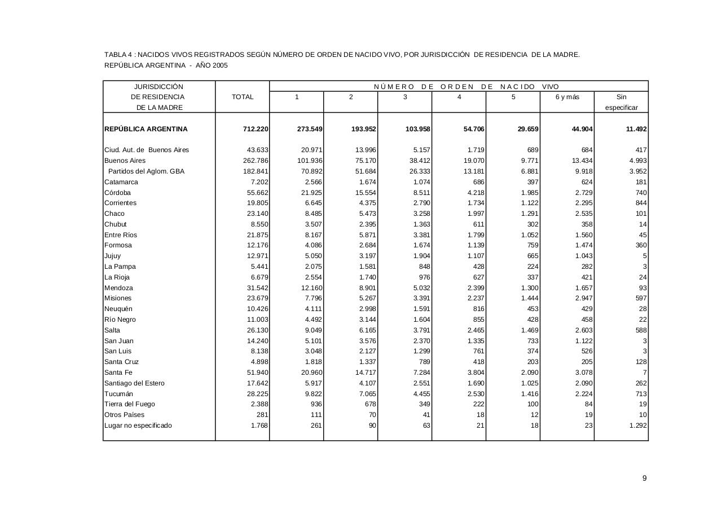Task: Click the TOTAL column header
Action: coord(243,97)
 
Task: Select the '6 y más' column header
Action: coord(567,97)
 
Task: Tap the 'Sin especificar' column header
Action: coord(621,102)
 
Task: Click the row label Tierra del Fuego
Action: coord(130,404)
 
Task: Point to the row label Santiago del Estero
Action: coord(134,383)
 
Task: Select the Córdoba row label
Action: coord(117,193)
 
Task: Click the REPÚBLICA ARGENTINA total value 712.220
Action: coord(256,129)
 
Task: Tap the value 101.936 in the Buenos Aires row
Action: coord(309,161)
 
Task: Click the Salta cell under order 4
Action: coord(474,330)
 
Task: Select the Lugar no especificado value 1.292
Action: coord(637,425)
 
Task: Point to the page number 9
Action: coord(644,478)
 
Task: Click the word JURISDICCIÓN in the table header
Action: coord(159,87)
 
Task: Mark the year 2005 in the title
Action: coord(220,65)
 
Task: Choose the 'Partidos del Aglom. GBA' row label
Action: coord(146,171)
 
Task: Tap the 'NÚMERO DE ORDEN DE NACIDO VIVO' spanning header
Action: coord(466,87)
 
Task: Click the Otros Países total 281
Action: coord(261,415)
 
